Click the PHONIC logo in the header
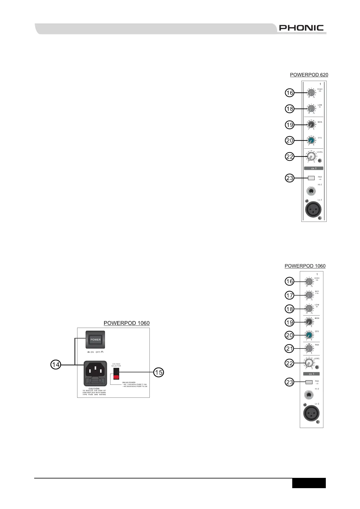click(x=301, y=28)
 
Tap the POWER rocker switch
click(x=96, y=339)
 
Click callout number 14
click(x=56, y=365)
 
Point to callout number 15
click(x=159, y=372)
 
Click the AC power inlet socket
click(x=95, y=369)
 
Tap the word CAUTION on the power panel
click(x=94, y=389)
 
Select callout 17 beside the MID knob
click(x=290, y=295)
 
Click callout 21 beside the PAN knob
click(x=290, y=349)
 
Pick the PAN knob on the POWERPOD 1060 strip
click(x=309, y=349)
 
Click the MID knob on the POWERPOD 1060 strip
click(x=309, y=295)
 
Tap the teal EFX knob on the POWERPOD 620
click(x=311, y=141)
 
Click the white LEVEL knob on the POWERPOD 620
click(x=311, y=157)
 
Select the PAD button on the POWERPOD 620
click(x=311, y=178)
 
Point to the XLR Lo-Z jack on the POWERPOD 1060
click(x=311, y=414)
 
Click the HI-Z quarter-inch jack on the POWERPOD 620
click(x=311, y=191)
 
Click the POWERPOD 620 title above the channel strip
click(x=309, y=75)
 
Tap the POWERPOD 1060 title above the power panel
click(x=126, y=323)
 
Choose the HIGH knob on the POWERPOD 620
click(x=311, y=93)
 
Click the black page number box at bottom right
click(x=309, y=483)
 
